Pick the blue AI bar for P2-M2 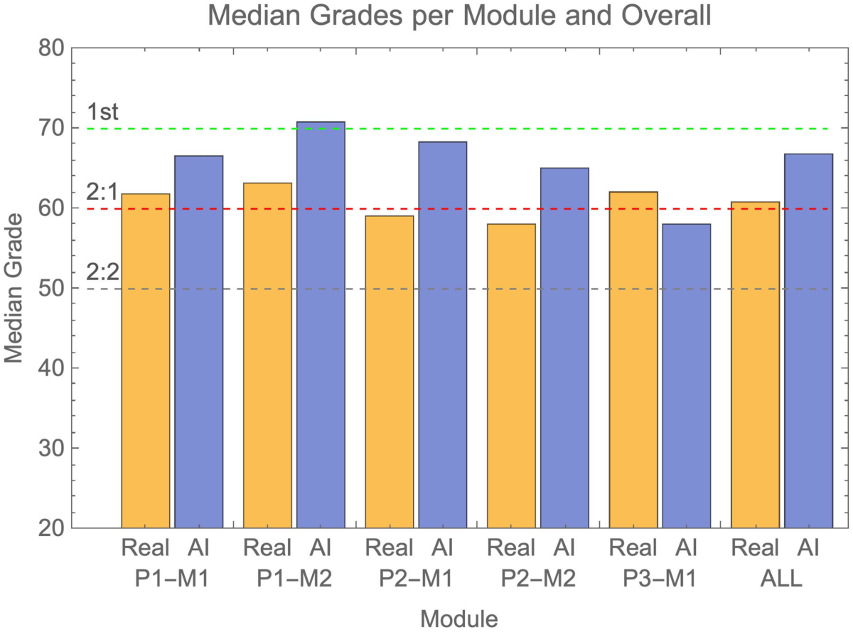564,348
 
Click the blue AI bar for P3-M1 686,376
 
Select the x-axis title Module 458,617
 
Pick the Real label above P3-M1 633,547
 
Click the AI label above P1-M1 199,547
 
